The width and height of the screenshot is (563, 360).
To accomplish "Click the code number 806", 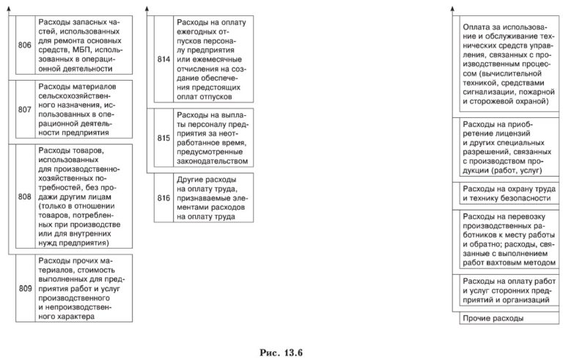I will click(24, 45).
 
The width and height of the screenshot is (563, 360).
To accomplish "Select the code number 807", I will click(24, 111).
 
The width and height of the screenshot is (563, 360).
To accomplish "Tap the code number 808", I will click(24, 196).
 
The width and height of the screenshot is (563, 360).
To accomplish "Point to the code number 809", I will click(24, 289).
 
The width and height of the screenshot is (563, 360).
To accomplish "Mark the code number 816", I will click(164, 197).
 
